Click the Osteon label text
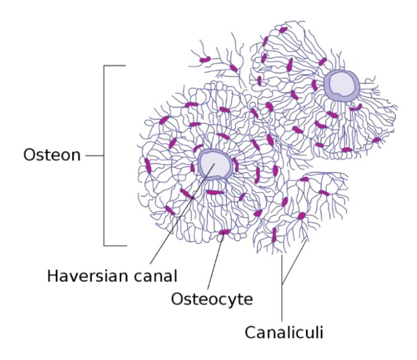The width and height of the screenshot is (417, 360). click(x=52, y=155)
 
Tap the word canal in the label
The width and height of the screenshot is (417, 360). click(x=155, y=276)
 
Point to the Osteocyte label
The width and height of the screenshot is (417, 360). click(x=211, y=300)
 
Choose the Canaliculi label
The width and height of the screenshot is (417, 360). click(x=284, y=332)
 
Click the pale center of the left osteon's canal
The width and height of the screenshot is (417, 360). click(x=215, y=164)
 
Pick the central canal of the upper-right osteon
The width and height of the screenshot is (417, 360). click(x=342, y=85)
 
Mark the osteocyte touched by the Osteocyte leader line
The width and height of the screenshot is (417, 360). click(x=224, y=232)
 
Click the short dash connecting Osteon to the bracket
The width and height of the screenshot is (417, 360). click(x=94, y=155)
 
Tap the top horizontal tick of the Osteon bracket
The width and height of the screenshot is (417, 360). click(x=115, y=65)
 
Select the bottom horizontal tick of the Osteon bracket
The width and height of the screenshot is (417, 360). click(x=115, y=245)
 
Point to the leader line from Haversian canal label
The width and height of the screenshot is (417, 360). click(x=182, y=214)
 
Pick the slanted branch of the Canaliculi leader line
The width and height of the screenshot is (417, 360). click(x=295, y=262)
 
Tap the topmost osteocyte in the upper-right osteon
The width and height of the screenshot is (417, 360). click(x=283, y=30)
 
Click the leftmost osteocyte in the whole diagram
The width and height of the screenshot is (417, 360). click(x=148, y=165)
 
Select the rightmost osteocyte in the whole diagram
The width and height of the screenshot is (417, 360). click(x=376, y=140)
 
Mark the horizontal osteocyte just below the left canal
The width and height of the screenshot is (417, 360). click(x=215, y=192)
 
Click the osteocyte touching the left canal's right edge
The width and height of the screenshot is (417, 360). click(x=235, y=164)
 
